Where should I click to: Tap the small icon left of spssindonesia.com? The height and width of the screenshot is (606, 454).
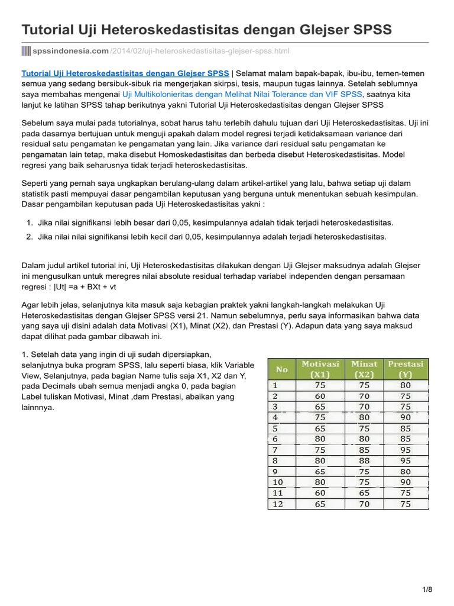(25, 51)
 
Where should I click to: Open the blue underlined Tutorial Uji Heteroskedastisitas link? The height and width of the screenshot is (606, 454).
(125, 73)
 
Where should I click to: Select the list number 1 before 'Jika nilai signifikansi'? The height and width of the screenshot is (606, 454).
(30, 223)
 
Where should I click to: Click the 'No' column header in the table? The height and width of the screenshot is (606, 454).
(282, 370)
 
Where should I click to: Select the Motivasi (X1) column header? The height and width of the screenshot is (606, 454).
(320, 369)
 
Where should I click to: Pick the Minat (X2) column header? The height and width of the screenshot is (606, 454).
(364, 369)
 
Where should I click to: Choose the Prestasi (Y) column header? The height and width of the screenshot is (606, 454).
(406, 369)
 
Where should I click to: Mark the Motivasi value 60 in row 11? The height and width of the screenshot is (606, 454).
(320, 493)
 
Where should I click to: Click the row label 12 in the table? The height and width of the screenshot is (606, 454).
(277, 504)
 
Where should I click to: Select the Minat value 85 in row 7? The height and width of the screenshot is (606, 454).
(364, 450)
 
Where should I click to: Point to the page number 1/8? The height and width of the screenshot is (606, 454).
(427, 589)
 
